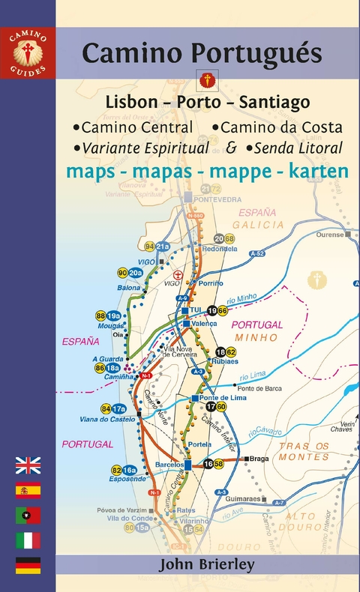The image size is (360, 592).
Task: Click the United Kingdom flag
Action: pyautogui.click(x=28, y=466)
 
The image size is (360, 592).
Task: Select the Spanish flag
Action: pyautogui.click(x=28, y=491)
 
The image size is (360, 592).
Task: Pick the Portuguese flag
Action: pyautogui.click(x=28, y=516)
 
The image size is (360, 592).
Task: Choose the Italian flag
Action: pyautogui.click(x=28, y=540)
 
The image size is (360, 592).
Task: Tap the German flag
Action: pyautogui.click(x=28, y=565)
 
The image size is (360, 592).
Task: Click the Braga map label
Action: pyautogui.click(x=259, y=458)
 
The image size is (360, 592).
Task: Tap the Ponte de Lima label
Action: pyautogui.click(x=220, y=398)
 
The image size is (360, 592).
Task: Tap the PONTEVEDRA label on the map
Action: pyautogui.click(x=217, y=199)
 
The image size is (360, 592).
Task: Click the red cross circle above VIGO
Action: pyautogui.click(x=178, y=275)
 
